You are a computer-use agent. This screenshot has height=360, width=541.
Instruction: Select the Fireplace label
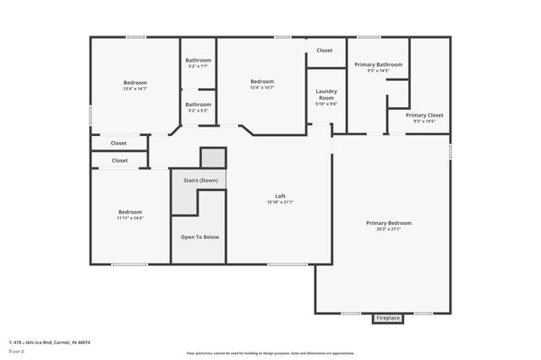tap(388, 318)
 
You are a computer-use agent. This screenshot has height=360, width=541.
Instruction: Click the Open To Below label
tap(199, 237)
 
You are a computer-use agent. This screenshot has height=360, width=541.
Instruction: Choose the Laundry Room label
tap(326, 94)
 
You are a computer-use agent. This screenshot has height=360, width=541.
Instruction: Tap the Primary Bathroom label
tap(377, 64)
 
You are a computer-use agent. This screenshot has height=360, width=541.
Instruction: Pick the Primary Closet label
tap(424, 115)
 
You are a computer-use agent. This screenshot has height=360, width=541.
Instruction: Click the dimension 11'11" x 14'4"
tap(130, 218)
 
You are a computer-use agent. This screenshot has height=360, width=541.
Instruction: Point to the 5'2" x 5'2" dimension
tap(199, 111)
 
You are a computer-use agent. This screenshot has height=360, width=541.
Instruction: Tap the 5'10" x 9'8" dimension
tap(326, 104)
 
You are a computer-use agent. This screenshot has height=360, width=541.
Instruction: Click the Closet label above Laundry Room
tap(325, 51)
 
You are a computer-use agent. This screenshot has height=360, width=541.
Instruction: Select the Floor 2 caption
tap(17, 350)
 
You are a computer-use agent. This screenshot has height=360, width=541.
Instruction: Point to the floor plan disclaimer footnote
tap(270, 352)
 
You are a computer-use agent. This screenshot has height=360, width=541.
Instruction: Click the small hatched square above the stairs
tap(213, 158)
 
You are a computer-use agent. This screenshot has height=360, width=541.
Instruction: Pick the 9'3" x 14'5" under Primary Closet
tap(424, 121)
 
